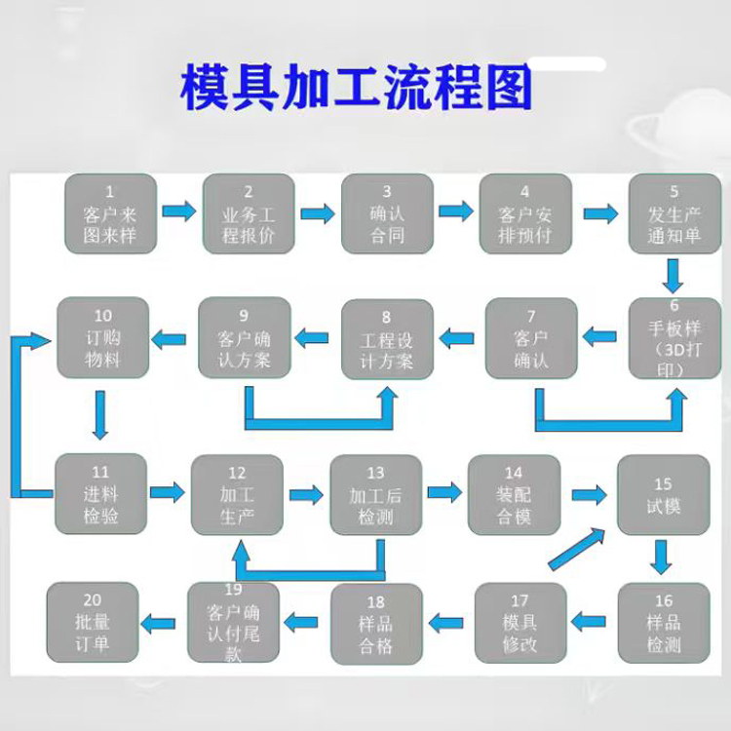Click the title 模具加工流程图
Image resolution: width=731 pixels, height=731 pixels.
click(357, 89)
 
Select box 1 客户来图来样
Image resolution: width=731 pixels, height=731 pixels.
click(110, 213)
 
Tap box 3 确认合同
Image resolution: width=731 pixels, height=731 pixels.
click(387, 213)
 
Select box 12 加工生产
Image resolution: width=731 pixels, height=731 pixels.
click(237, 495)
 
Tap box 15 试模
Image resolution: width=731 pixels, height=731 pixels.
click(663, 495)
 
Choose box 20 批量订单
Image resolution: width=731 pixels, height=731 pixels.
click(94, 622)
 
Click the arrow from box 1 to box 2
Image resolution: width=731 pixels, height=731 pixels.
click(177, 212)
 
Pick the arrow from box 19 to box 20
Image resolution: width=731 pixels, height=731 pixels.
click(161, 621)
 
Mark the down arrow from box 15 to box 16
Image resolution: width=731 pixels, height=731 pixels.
click(663, 556)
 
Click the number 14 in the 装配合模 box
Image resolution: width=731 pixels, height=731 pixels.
click(514, 474)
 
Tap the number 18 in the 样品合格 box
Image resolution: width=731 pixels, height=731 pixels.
click(376, 602)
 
